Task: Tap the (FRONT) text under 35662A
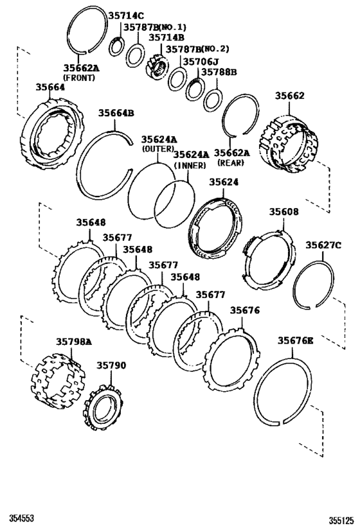coord(78,78)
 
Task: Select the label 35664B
coord(116,114)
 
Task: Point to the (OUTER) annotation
coord(157,148)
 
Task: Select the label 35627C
coord(323,245)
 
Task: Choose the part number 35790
coord(112,365)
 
